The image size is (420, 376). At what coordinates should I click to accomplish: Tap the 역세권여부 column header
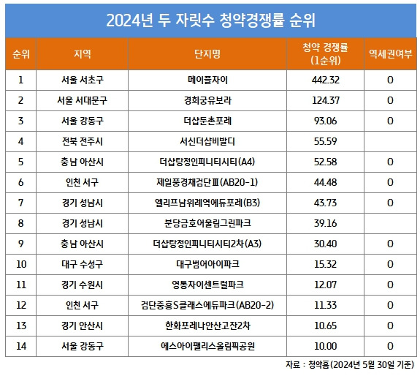click(390, 53)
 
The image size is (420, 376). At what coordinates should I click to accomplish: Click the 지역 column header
click(83, 53)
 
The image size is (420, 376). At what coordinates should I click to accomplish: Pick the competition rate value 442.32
click(324, 80)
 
